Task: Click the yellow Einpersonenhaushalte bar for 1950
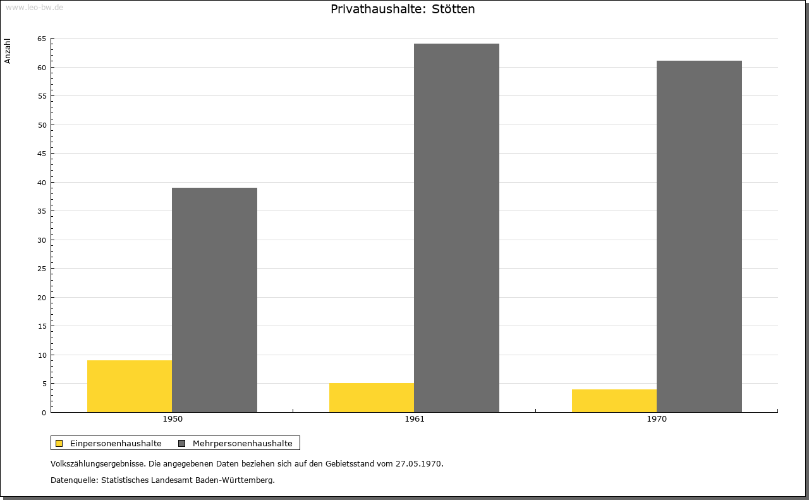[x=130, y=386]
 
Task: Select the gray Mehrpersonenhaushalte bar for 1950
[x=214, y=300]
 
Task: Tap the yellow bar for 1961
[x=372, y=398]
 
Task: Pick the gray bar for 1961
[x=456, y=228]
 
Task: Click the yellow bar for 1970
[x=614, y=401]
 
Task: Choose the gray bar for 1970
[x=699, y=236]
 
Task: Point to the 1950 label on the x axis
[x=173, y=419]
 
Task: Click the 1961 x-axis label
[x=415, y=419]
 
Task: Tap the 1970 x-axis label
[x=657, y=419]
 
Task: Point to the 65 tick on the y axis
[x=42, y=39]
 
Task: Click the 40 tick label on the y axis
[x=42, y=183]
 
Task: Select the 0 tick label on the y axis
[x=44, y=413]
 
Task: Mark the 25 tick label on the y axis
[x=42, y=269]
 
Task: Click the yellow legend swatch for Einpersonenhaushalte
[x=59, y=443]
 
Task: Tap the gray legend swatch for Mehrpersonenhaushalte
[x=181, y=443]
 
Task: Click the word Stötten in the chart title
[x=453, y=9]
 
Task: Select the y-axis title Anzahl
[x=8, y=51]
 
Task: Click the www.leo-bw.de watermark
[x=34, y=7]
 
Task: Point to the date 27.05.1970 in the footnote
[x=418, y=463]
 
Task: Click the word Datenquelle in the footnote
[x=73, y=480]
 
